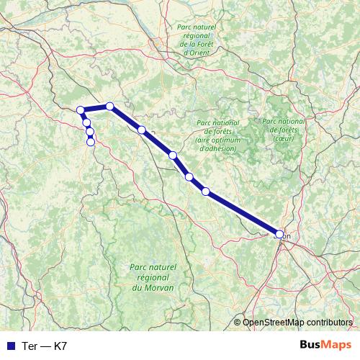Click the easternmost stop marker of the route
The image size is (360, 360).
coord(280,233)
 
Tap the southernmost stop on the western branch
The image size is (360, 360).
coord(91,141)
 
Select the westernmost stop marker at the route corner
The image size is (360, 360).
coord(81,110)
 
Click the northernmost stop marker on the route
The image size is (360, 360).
coord(110,107)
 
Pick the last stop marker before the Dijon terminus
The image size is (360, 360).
coord(206,191)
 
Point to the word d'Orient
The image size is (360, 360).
coord(197,53)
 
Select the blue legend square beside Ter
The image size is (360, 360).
coord(9,346)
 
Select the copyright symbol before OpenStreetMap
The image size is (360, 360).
coord(237,323)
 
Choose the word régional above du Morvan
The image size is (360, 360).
coord(150,277)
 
